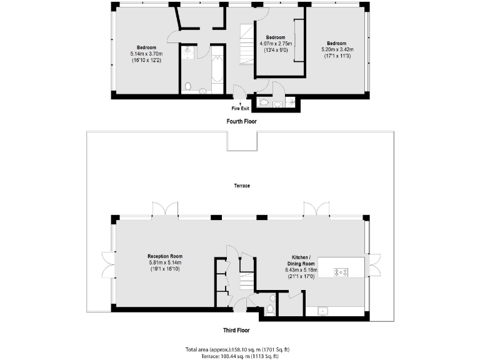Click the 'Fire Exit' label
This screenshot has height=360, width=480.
tap(241, 107)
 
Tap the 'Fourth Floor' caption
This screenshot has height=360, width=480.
tap(241, 121)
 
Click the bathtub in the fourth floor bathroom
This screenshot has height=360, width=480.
tap(217, 69)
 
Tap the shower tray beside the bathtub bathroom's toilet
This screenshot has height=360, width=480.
tap(187, 55)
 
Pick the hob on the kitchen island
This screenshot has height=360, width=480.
tap(341, 272)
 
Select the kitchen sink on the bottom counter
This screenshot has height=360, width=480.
tap(324, 310)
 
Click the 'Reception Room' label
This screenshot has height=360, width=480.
tap(165, 256)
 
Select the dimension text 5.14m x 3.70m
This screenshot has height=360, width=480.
tap(147, 54)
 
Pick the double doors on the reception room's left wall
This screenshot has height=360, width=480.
tap(107, 264)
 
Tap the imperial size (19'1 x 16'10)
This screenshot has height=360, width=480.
tap(165, 269)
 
